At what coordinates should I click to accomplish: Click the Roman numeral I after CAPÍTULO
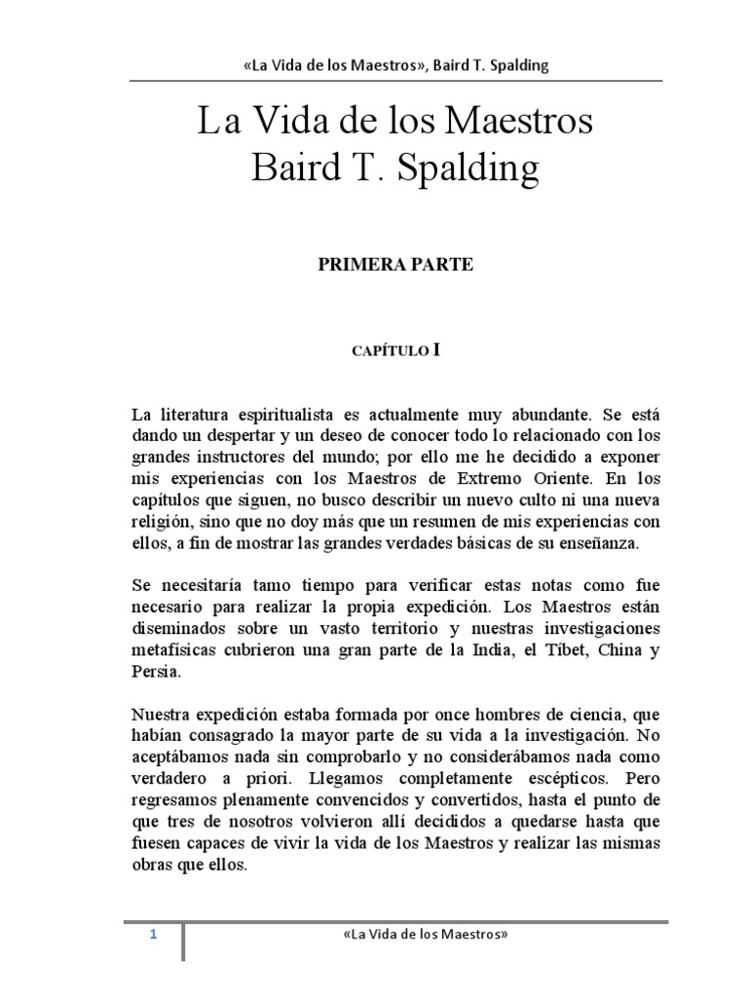coord(437,352)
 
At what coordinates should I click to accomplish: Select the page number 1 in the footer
coord(154,936)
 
